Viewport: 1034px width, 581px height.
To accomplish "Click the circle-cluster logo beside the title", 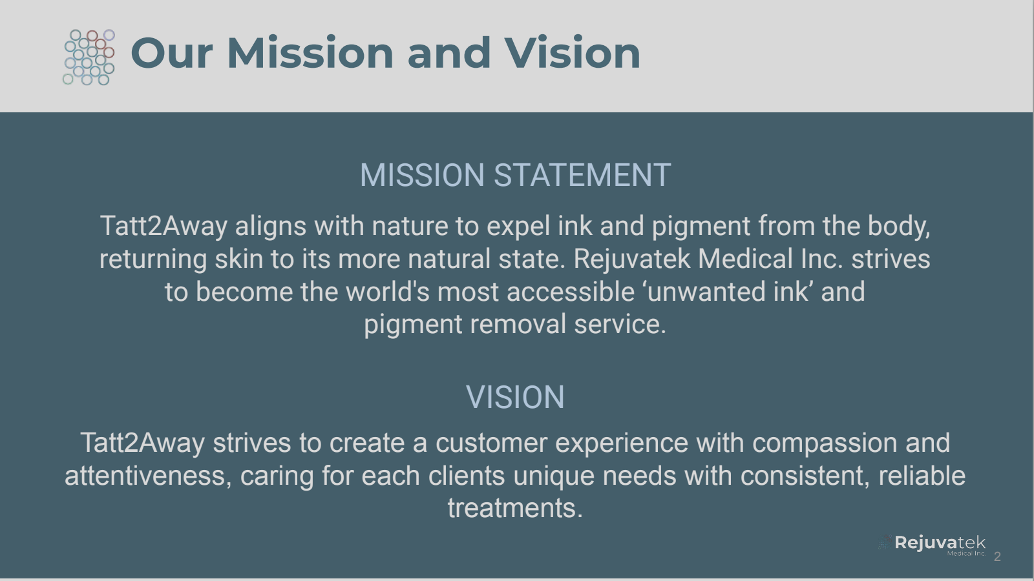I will click(89, 57).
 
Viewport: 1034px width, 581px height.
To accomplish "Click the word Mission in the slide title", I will click(310, 53).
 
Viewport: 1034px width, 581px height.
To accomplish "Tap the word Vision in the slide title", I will click(572, 53).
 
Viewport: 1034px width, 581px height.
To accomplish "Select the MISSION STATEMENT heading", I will click(515, 176).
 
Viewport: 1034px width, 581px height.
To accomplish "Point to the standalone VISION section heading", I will click(515, 397).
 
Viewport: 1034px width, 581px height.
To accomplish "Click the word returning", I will click(153, 260).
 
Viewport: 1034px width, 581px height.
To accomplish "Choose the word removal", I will click(518, 325).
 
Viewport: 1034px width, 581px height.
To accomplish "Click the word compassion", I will click(825, 443).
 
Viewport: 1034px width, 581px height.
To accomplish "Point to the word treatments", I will click(514, 509).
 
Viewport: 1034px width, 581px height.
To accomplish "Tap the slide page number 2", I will click(997, 556).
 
